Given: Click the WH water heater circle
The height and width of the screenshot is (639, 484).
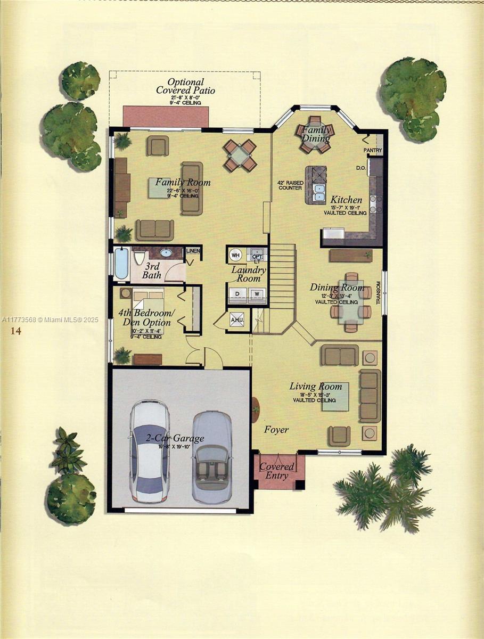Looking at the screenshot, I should pos(235,255).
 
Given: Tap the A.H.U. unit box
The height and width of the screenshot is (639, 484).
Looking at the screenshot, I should pos(236,319).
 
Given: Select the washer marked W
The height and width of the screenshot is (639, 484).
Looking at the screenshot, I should pos(257,293).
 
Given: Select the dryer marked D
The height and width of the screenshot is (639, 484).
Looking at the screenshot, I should pos(237,293).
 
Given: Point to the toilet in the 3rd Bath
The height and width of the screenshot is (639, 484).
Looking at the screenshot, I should pos(140,258).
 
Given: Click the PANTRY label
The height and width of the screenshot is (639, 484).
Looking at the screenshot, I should pos(373,151).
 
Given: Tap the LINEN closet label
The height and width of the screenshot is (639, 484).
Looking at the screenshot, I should pos(193,251).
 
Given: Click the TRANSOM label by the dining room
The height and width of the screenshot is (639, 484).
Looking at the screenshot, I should pos(379,292).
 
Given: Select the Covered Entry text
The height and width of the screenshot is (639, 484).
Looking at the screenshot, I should pos(276,471).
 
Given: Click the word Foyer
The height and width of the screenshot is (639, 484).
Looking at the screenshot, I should pos(276,429).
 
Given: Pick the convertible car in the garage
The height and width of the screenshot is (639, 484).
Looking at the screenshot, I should pos(211,457).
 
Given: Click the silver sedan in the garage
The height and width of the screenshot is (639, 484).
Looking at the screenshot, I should pos(150,450).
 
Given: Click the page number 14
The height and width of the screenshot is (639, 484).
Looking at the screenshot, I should pos(15,331).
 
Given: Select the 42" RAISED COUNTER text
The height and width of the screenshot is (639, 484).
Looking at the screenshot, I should pos(290,185).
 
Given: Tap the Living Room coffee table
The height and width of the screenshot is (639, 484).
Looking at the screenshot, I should pos(335,397).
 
